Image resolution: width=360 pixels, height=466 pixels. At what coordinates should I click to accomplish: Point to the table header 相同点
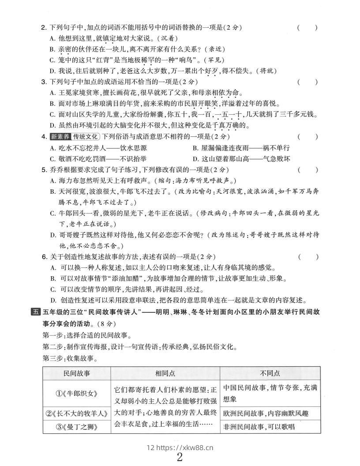pyautogui.click(x=165, y=373)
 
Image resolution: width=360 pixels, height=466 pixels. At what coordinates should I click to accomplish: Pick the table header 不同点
pyautogui.click(x=270, y=373)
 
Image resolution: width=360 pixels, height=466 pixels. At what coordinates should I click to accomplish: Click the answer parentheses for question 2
pyautogui.click(x=307, y=28)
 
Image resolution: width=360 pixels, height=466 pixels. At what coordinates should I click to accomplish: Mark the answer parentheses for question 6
pyautogui.click(x=307, y=256)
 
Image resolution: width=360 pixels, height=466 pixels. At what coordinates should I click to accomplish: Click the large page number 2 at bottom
pyautogui.click(x=180, y=457)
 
